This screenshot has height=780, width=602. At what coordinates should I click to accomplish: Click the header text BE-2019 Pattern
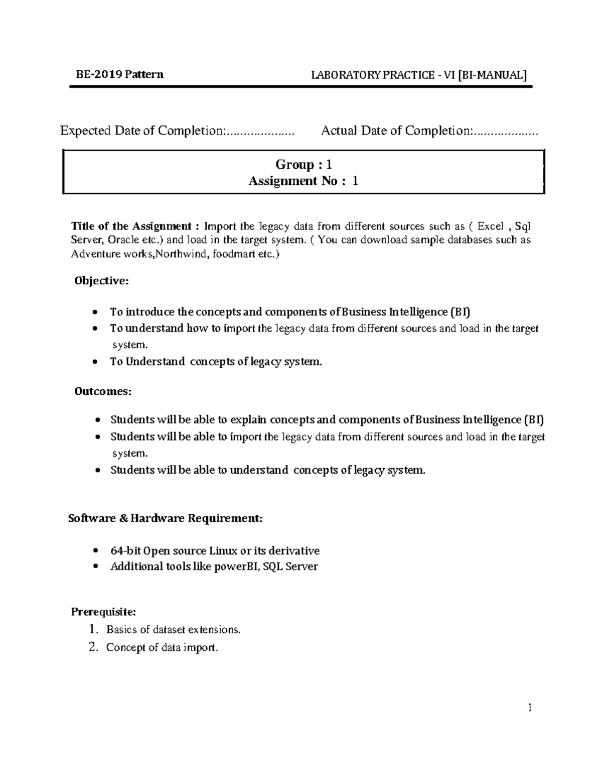tap(119, 75)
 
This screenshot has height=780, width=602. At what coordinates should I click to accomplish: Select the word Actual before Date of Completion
tap(339, 131)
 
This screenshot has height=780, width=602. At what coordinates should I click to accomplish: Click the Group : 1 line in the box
tap(304, 164)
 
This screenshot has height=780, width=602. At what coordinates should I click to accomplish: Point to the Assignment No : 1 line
tap(304, 181)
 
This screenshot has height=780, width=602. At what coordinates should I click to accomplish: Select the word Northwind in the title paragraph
tap(183, 254)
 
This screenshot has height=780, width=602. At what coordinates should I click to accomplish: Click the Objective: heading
tap(101, 281)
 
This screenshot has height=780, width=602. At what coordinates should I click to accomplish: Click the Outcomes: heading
tap(103, 391)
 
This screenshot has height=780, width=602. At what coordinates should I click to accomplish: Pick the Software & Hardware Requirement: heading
tap(165, 518)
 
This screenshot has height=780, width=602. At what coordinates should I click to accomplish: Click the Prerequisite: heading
tap(103, 612)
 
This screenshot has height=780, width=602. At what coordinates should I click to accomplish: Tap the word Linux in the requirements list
tap(223, 551)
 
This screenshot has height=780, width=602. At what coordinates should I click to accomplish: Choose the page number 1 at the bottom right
tap(529, 708)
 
